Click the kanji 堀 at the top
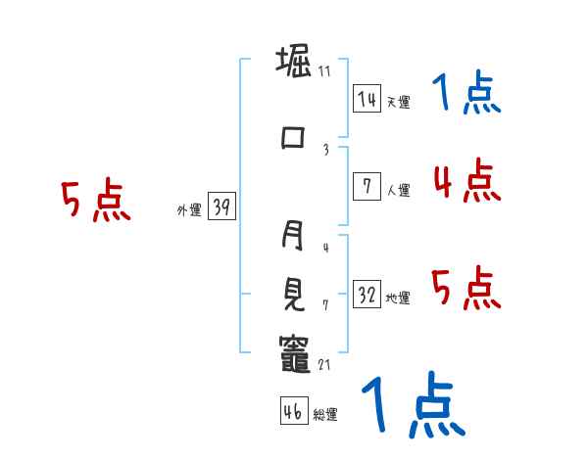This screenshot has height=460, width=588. [294, 65]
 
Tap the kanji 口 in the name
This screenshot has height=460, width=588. [294, 138]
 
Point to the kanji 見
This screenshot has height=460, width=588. [294, 292]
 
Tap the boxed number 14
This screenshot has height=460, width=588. [367, 99]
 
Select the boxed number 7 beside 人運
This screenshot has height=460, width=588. [367, 187]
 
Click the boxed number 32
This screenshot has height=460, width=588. [367, 295]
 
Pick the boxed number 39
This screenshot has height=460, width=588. [221, 207]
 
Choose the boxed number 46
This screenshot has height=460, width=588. [293, 411]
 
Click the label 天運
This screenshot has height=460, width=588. [398, 102]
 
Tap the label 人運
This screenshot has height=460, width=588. [398, 190]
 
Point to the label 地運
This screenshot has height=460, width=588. [398, 298]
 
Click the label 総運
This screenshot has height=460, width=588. [325, 414]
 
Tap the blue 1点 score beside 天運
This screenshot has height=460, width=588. [466, 93]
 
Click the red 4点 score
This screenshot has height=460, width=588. [466, 181]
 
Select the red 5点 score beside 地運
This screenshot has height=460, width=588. [466, 289]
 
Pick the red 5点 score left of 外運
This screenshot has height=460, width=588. [95, 202]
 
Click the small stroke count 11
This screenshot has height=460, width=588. [324, 71]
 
